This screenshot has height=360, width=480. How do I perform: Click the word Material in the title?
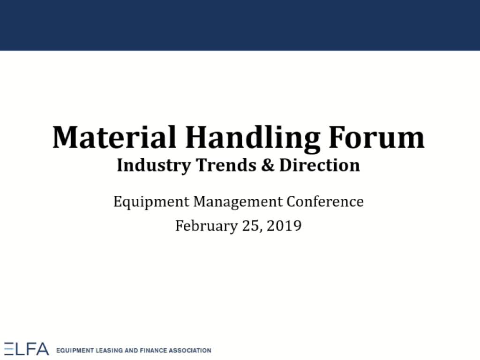pos(114,137)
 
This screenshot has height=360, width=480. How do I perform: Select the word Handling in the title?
pos(253,139)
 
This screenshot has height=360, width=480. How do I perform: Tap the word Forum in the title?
pos(376,137)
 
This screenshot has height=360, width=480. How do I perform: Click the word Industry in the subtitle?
pos(154,165)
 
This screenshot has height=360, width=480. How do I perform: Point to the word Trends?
pos(226,165)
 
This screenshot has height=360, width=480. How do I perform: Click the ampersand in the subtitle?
pos(268,165)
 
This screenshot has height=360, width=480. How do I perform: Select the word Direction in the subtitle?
pos(320,165)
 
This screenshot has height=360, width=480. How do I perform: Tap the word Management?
pos(238,202)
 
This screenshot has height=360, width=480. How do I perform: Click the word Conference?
pos(325,202)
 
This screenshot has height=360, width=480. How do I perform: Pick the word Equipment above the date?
pos(151,202)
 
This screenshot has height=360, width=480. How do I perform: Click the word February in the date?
pos(206,226)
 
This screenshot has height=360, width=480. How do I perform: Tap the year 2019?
pos(284,226)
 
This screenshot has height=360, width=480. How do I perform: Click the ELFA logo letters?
pos(27,349)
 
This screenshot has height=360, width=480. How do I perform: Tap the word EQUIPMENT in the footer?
pos(75,351)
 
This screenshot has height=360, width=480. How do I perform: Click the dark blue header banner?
pos(240,25)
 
